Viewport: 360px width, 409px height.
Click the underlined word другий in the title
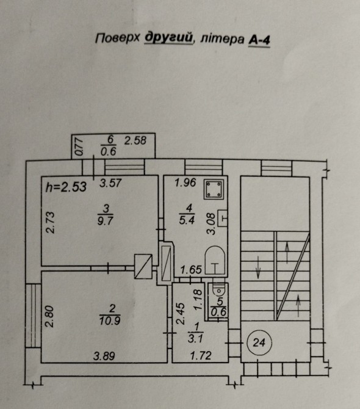click(x=168, y=38)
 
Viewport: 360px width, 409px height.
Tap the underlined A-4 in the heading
click(x=259, y=40)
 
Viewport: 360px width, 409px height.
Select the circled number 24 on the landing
click(x=259, y=342)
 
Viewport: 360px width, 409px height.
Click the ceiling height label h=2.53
click(x=66, y=187)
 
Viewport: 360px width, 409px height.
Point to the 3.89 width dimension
click(x=104, y=356)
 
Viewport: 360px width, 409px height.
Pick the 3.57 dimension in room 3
click(x=110, y=183)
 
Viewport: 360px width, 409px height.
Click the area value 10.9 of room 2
click(x=110, y=320)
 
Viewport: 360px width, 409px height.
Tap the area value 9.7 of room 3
click(x=105, y=220)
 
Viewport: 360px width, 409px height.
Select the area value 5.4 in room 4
click(x=187, y=220)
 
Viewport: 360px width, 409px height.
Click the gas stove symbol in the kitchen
click(x=214, y=189)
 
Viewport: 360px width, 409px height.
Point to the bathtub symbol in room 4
click(x=215, y=260)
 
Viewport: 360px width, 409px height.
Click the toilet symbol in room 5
click(x=218, y=289)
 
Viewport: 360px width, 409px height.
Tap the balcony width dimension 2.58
click(x=135, y=140)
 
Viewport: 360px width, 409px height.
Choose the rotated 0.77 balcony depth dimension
click(x=79, y=147)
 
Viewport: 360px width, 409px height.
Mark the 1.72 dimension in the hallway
click(x=201, y=355)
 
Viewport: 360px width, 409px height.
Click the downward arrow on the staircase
click(x=258, y=267)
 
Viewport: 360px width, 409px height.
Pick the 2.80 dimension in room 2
click(x=49, y=316)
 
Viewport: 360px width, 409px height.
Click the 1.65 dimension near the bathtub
click(x=192, y=270)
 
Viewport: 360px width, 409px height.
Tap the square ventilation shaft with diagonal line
click(x=143, y=266)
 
